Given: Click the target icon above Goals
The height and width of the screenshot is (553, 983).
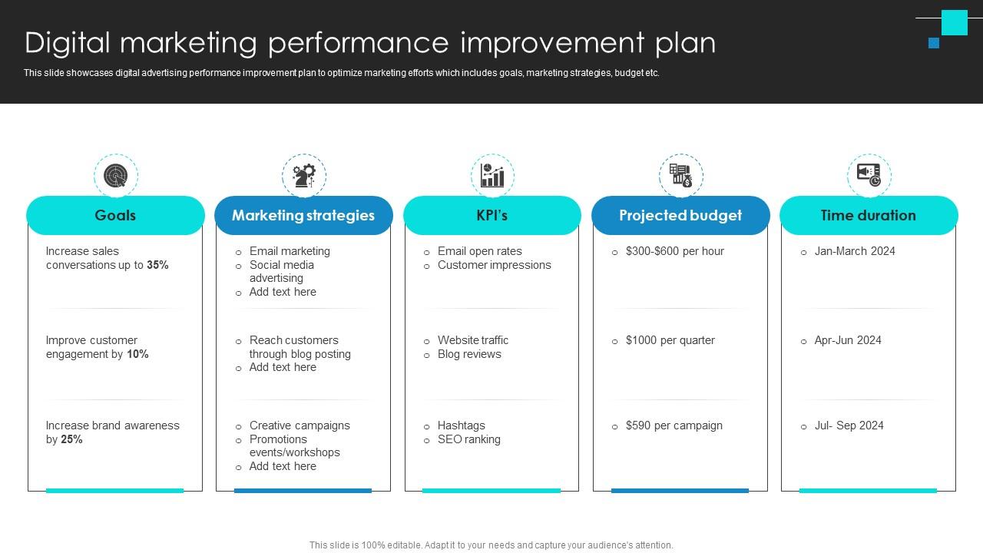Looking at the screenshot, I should (116, 175).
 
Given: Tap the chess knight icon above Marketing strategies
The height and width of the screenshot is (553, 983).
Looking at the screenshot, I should (304, 175).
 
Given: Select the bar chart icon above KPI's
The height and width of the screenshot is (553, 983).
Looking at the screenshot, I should (492, 175).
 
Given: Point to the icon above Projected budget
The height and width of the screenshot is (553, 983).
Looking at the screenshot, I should (680, 175).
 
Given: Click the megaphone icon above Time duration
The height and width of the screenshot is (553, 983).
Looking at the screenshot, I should (869, 175).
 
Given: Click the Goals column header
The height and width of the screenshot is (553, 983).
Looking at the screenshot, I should (115, 215).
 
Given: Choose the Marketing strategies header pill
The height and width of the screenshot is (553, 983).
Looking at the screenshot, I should (303, 215).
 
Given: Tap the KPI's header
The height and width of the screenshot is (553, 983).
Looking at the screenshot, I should (491, 215).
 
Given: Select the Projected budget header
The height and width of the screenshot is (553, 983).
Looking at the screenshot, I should (680, 215).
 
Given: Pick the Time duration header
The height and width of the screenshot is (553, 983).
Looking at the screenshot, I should (869, 215).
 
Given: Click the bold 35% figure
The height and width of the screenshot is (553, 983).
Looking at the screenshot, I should (157, 265).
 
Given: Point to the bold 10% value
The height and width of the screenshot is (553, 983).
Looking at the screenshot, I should (137, 354).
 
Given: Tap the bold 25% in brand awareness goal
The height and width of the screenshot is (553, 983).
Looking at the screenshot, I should (71, 439).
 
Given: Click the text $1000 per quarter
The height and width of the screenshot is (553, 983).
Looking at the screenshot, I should (670, 340).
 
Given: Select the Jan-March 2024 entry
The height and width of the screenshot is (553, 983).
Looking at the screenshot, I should (855, 251).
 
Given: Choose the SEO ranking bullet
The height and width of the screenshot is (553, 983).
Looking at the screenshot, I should (468, 439).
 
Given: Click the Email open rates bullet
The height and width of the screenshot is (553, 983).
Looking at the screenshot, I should (479, 251).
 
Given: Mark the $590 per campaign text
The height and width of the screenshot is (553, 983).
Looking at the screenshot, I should (674, 426).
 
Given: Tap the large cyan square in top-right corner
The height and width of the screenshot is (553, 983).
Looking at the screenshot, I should (955, 22).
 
